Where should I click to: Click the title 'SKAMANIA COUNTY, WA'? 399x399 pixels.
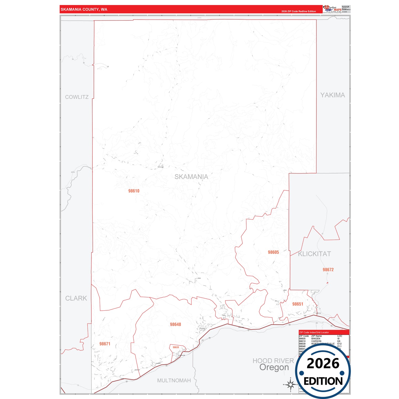(84, 9)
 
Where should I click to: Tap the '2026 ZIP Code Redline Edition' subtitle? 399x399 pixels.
(298, 11)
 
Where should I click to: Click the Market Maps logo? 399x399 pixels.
(332, 9)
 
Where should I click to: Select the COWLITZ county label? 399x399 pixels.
(77, 97)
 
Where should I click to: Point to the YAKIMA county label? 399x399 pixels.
(332, 95)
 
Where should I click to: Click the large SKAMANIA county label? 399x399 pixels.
(191, 177)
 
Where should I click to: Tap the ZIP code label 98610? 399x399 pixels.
(134, 191)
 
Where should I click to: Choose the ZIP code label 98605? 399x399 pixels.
(273, 252)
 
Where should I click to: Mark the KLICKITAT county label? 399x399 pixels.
(314, 254)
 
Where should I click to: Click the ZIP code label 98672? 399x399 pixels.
(328, 269)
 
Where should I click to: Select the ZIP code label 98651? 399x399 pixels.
(298, 304)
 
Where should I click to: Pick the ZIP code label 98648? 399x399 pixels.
(175, 324)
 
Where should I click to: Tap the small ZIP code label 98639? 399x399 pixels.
(176, 347)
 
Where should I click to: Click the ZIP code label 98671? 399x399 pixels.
(105, 344)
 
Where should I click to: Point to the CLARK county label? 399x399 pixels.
(76, 298)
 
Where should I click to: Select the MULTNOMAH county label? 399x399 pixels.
(174, 380)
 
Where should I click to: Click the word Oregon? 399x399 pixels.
(274, 368)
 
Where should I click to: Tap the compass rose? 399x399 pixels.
(290, 384)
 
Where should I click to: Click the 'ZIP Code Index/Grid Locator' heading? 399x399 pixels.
(314, 332)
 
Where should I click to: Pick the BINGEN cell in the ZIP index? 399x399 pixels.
(316, 339)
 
